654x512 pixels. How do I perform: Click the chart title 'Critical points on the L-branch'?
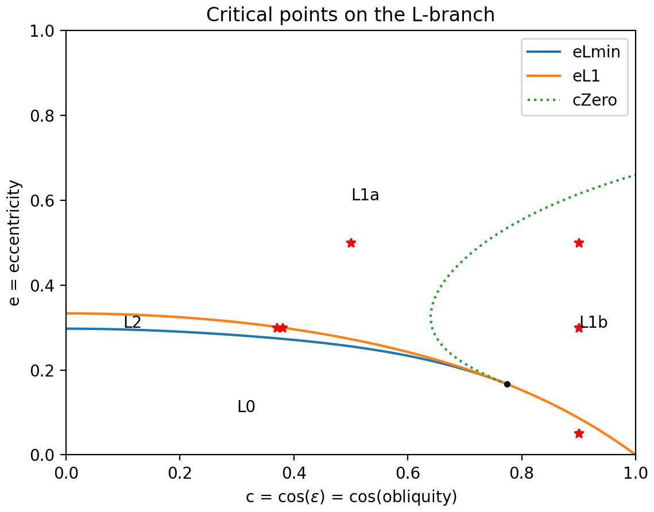tap(350, 15)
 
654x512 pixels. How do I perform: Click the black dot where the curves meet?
tap(507, 384)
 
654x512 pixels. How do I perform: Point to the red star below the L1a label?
tap(351, 243)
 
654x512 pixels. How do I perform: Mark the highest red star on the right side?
tap(579, 243)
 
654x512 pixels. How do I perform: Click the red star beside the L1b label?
tap(579, 328)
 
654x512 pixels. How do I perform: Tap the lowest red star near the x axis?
tap(579, 433)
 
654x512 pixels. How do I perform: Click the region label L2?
tap(132, 323)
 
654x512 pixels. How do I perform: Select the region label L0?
tap(246, 407)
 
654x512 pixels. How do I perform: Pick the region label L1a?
tap(365, 195)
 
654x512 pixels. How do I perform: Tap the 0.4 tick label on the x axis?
tap(294, 476)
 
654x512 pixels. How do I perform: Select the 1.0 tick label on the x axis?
tap(635, 476)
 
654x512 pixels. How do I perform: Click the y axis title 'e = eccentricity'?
tap(16, 243)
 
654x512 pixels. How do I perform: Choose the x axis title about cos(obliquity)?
tap(351, 497)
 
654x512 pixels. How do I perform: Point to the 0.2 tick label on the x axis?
tap(180, 476)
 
